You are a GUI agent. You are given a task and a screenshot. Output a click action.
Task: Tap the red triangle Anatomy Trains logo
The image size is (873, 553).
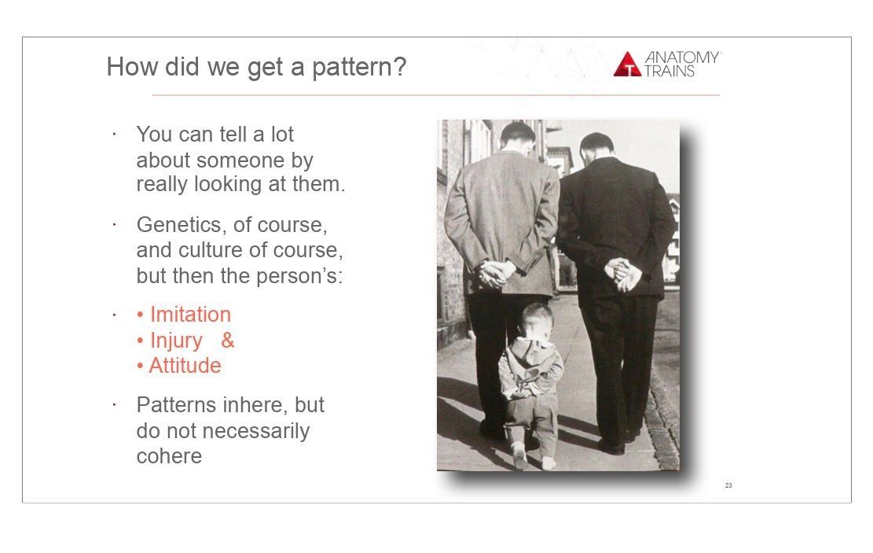coord(628,64)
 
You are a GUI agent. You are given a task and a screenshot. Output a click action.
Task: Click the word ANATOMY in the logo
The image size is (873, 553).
coord(682,57)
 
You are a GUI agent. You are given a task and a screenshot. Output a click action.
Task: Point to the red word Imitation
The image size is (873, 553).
coord(190,315)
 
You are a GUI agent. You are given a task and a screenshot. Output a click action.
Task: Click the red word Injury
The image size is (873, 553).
coord(176,341)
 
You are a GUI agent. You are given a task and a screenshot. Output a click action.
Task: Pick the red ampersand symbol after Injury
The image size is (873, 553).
coord(228,340)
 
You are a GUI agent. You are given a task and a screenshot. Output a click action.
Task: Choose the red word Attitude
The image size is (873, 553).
coord(185,366)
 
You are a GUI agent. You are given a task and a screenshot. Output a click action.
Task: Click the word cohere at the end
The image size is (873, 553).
coord(169,456)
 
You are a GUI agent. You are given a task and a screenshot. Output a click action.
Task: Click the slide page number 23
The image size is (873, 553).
coord(728,485)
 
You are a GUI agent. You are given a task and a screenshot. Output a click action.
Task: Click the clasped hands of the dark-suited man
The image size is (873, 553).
coord(623,275)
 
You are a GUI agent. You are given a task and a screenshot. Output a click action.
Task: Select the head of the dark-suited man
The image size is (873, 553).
coord(596,147)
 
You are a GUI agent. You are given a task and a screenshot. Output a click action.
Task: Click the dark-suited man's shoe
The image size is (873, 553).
coord(611,447)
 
